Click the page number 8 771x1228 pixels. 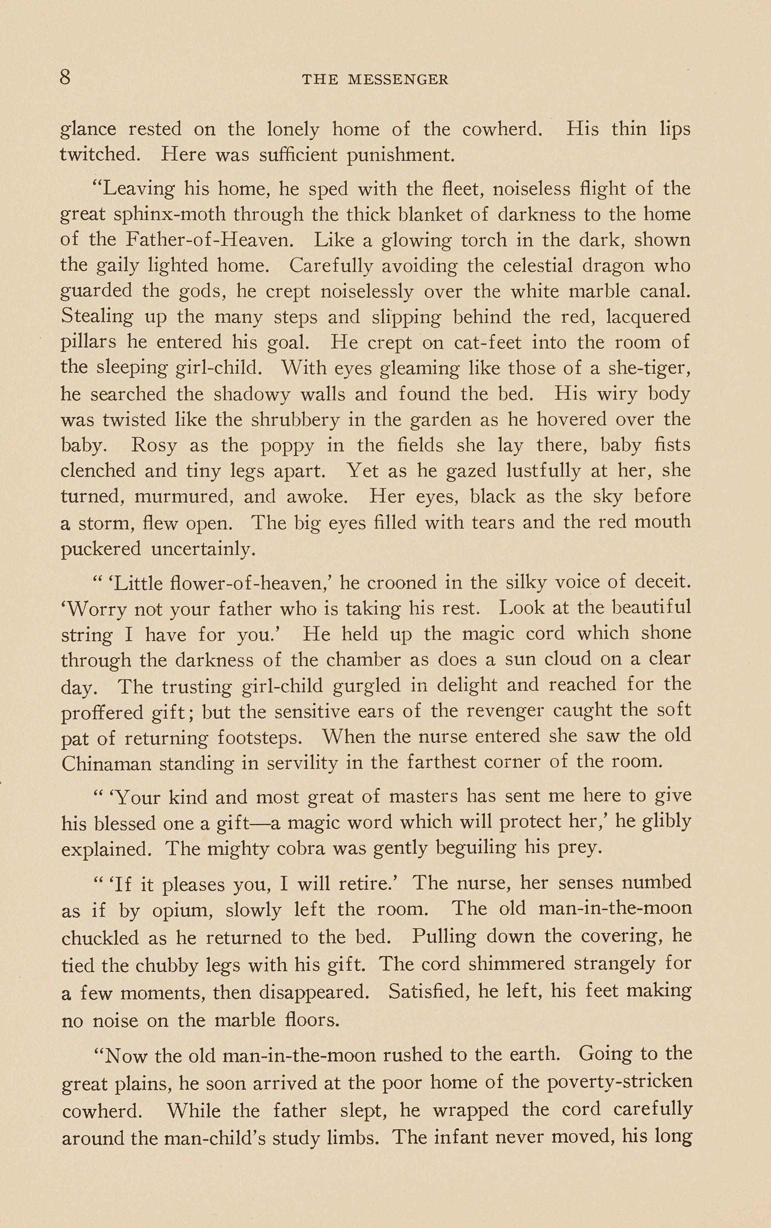(65, 78)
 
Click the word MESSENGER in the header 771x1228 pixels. (398, 80)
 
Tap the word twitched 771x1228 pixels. (100, 155)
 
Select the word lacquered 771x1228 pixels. (648, 317)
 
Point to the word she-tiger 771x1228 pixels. (646, 368)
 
